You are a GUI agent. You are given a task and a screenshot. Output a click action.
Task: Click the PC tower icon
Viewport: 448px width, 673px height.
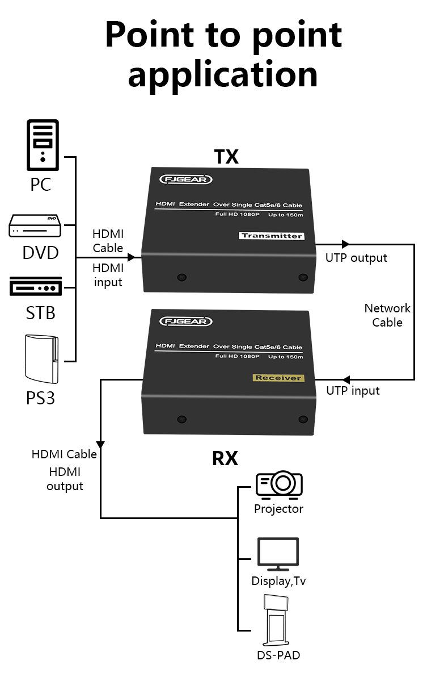point(43,145)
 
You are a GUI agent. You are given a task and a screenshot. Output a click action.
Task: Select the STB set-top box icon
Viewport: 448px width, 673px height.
point(36,287)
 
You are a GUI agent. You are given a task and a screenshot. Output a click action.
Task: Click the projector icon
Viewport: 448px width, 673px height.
point(279,484)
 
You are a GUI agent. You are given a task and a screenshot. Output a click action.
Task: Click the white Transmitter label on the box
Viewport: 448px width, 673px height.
point(272,236)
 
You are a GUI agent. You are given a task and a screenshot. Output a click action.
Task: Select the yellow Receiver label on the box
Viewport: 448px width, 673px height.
point(278,378)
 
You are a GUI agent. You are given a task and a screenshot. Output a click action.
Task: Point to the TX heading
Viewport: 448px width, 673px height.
point(226,157)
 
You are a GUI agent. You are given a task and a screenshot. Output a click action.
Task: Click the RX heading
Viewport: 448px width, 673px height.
point(225,458)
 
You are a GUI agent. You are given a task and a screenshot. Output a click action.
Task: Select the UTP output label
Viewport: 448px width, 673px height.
point(356,258)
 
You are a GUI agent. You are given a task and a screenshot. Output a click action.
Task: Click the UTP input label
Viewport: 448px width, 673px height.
point(353,391)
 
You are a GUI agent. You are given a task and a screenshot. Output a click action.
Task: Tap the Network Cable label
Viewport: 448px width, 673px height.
point(387,315)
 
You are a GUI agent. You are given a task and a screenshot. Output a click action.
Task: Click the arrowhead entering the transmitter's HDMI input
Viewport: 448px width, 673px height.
point(132,257)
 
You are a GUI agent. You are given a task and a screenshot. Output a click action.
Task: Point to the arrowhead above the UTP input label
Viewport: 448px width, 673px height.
point(346,379)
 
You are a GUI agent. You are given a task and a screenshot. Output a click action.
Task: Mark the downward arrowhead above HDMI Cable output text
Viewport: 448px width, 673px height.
point(100,445)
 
